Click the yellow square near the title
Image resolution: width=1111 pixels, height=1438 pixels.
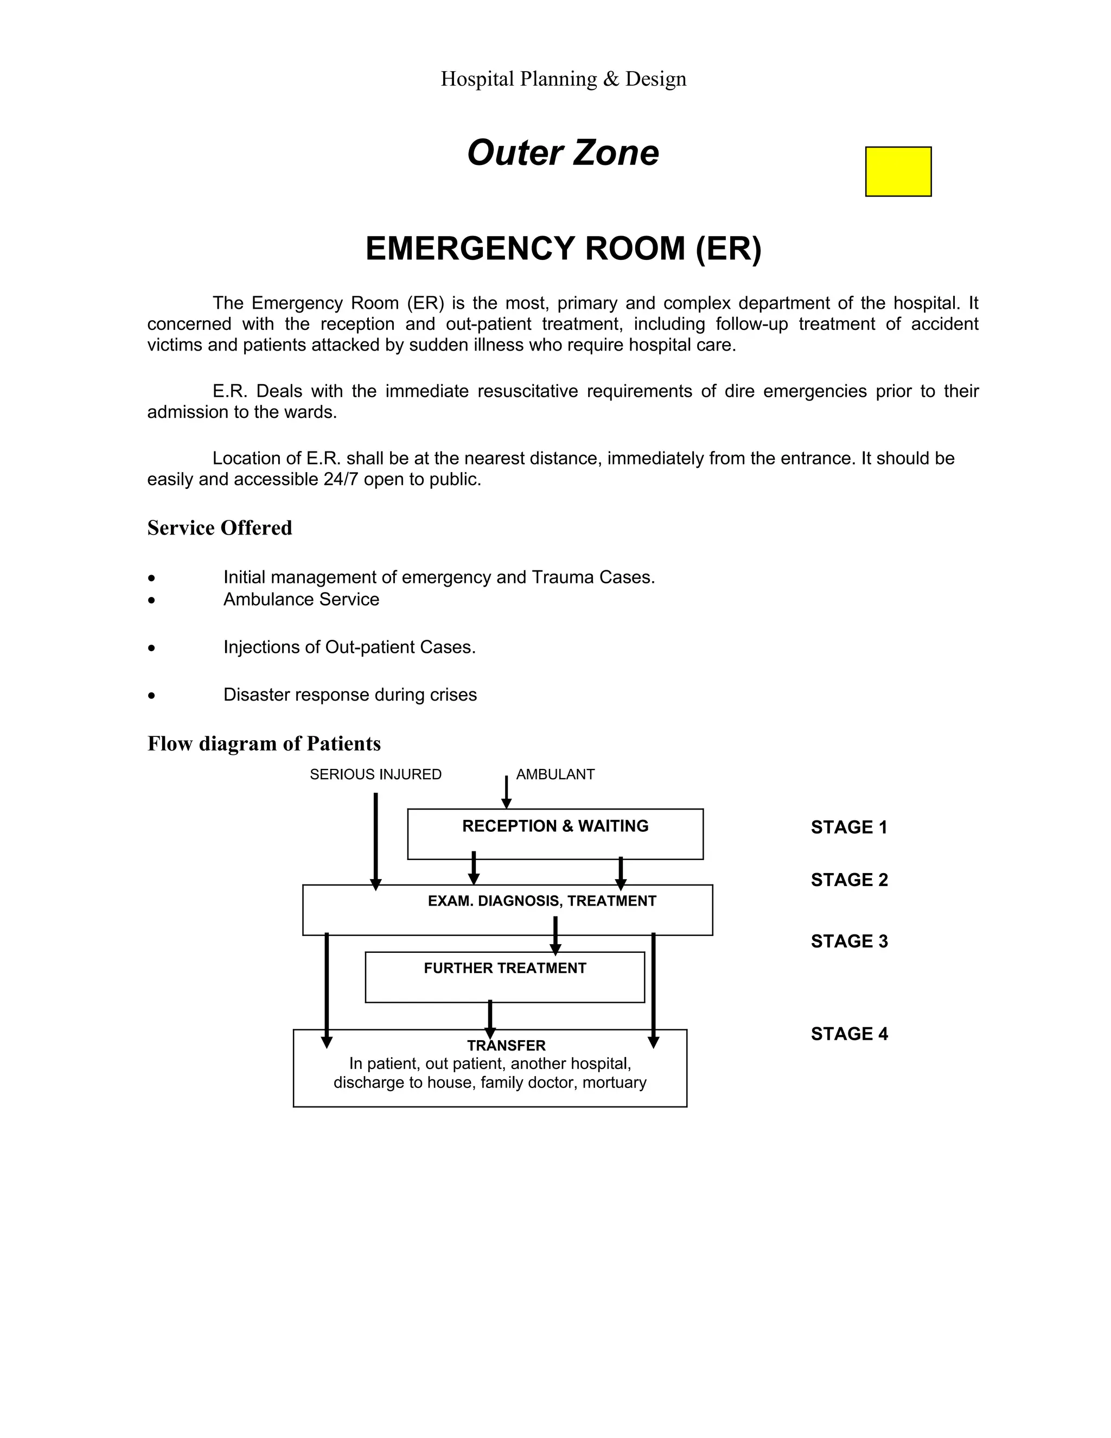tap(898, 171)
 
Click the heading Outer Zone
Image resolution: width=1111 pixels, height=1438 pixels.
tap(563, 153)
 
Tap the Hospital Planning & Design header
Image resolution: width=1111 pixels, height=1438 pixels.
tap(563, 79)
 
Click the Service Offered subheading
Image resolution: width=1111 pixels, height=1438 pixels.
tap(219, 528)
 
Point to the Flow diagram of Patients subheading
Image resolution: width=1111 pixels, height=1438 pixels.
tap(264, 743)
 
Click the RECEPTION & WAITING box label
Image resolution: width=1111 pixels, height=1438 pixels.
tap(555, 826)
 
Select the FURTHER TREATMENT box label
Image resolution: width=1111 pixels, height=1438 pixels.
tap(505, 968)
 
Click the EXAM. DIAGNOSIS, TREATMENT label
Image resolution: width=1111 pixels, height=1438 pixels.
tap(542, 901)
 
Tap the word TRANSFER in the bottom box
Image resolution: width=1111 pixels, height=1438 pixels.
tap(506, 1046)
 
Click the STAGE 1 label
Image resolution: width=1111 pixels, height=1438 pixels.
tap(848, 828)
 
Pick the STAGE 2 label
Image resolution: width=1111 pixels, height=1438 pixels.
tap(849, 880)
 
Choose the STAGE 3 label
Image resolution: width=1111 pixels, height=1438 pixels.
tap(849, 941)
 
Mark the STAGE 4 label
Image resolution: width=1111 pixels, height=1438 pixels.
tap(849, 1034)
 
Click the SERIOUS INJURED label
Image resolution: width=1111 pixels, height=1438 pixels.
tap(375, 774)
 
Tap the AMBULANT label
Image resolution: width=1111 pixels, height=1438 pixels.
tap(555, 774)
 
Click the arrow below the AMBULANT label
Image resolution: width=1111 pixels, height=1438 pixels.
tap(506, 792)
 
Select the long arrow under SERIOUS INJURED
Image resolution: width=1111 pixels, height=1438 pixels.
tap(376, 839)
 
